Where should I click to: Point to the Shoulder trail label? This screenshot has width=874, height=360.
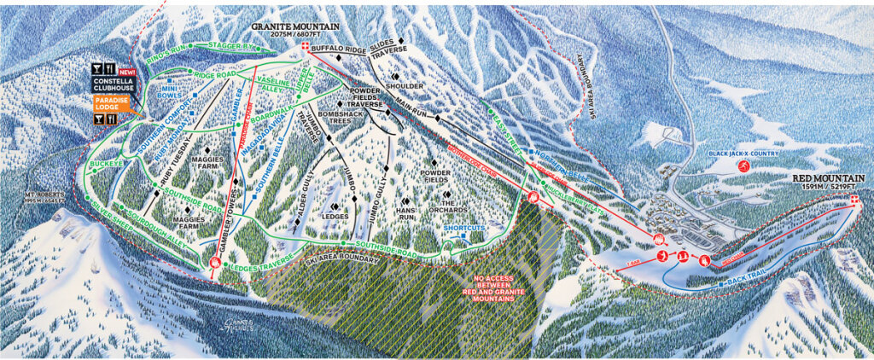coord(405,86)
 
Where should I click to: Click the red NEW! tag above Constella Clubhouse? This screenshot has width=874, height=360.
coord(127,72)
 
